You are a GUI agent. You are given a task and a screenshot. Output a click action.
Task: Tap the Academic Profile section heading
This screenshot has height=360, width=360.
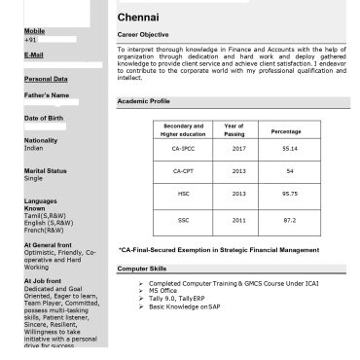coord(143,101)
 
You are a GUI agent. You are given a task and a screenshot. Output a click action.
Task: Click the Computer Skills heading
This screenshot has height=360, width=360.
coord(142,267)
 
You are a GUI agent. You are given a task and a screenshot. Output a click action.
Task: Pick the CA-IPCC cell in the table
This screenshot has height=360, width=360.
coord(183,148)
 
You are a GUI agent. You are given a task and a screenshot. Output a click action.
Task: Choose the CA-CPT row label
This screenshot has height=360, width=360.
coord(183,170)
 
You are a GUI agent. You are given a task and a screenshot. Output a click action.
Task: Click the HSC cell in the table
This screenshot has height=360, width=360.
coord(183,194)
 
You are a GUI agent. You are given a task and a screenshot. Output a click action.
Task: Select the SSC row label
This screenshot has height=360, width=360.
coord(183,220)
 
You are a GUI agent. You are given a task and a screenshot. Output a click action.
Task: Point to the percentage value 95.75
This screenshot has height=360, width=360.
coord(289,194)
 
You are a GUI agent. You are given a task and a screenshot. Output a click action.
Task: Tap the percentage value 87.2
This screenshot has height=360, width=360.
coord(289,220)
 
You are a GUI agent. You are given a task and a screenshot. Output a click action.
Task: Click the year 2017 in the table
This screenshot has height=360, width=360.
coord(239,148)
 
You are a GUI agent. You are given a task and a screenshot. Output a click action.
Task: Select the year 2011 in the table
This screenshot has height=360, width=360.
coord(239,220)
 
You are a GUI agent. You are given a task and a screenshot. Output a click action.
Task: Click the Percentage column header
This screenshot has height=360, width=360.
coord(286,130)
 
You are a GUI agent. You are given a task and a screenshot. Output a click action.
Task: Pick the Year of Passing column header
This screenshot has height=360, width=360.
coord(234,129)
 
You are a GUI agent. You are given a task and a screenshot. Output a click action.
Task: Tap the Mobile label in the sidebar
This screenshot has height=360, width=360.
coord(34,31)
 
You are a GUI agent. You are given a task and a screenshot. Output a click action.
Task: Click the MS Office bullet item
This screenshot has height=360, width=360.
coord(163,290)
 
